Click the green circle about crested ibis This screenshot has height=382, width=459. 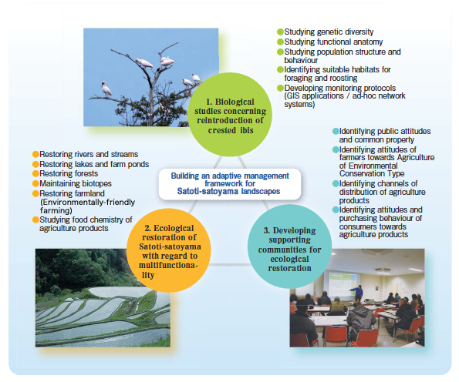230,115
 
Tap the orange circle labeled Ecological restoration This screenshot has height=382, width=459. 169,250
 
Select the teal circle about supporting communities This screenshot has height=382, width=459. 289,246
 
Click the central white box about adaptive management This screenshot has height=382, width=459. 230,184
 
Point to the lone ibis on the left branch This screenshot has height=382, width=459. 106,89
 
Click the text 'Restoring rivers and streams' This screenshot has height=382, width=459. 89,154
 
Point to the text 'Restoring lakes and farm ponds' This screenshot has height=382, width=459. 94,164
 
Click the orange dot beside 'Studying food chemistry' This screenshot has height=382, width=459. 35,219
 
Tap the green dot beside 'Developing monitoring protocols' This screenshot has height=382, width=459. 281,88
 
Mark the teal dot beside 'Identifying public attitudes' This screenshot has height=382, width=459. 336,131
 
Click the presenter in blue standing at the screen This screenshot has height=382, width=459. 358,293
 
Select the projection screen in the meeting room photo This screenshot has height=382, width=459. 343,283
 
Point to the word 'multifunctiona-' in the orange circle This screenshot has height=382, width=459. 169,266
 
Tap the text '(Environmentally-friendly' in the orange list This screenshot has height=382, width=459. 87,203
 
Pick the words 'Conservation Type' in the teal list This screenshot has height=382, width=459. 372,173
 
